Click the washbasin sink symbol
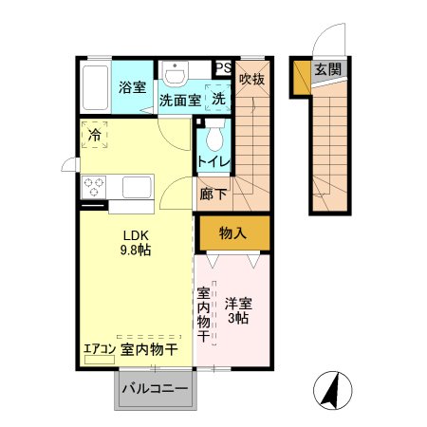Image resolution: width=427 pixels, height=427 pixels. click(x=176, y=75)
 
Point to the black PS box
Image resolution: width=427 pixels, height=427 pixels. click(x=223, y=67)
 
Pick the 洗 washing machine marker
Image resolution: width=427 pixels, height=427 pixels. click(x=218, y=99)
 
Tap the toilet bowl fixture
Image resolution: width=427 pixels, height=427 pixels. click(x=214, y=137)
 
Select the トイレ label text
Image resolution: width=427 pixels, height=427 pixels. click(x=213, y=162)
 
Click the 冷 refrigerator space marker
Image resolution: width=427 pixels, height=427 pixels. click(x=94, y=135)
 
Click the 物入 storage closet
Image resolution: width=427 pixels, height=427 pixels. click(x=233, y=232)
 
